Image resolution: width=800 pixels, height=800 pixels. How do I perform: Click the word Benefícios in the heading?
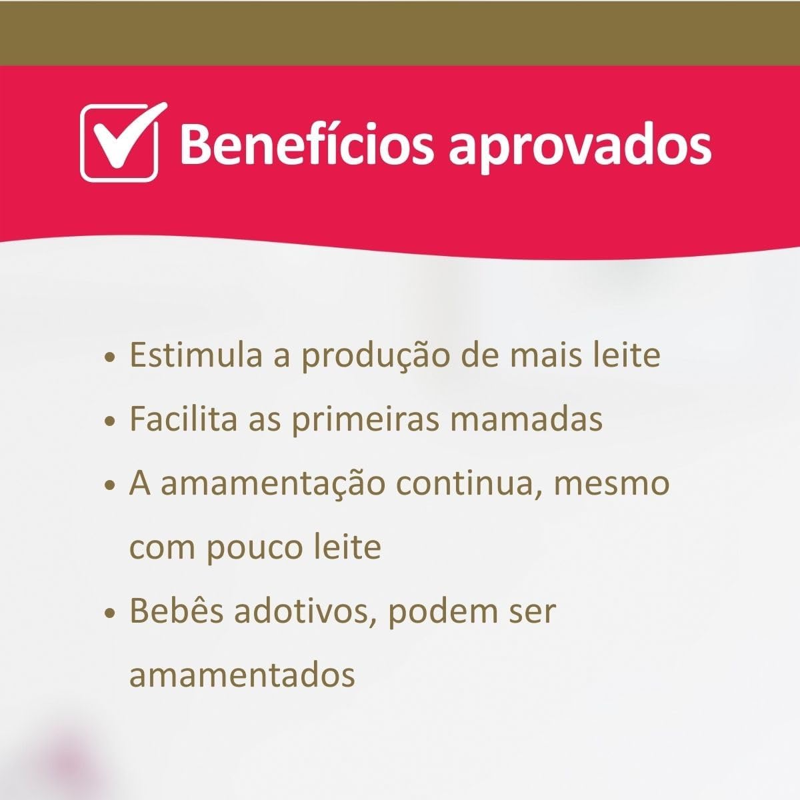click(307, 145)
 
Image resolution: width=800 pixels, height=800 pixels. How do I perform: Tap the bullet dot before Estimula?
click(109, 358)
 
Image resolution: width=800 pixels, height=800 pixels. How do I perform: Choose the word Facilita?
click(184, 419)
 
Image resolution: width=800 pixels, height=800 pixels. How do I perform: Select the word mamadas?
click(527, 419)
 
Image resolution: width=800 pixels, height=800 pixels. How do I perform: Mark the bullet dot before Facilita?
click(109, 422)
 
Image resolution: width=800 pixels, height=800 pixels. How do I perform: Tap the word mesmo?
click(612, 485)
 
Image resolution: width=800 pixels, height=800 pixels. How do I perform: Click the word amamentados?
click(243, 676)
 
